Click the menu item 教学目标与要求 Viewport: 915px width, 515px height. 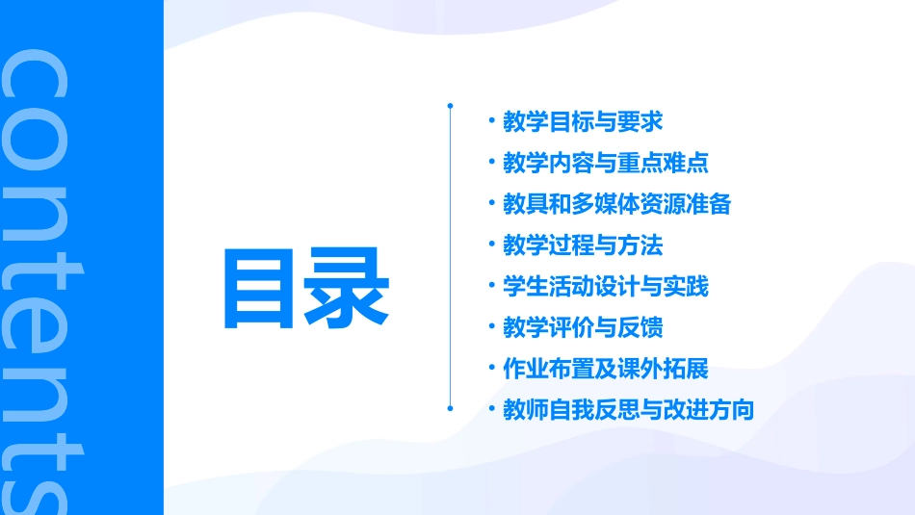coord(583,122)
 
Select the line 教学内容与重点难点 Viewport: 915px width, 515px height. coord(606,163)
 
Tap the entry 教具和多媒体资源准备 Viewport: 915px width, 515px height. coord(617,204)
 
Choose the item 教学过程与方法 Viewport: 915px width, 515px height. coord(583,245)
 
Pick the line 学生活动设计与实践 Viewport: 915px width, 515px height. coord(606,287)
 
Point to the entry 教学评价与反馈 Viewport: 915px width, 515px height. coord(583,328)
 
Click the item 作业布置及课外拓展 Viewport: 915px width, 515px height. coord(606,369)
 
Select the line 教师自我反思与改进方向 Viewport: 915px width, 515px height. coord(628,410)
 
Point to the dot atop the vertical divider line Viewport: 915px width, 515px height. coord(450,104)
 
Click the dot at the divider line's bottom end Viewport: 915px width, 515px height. coord(450,408)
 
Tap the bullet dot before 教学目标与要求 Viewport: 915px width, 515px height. coord(491,121)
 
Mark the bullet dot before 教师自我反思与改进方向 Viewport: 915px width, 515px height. coord(491,409)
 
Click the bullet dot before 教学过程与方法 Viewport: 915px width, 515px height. coord(491,245)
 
